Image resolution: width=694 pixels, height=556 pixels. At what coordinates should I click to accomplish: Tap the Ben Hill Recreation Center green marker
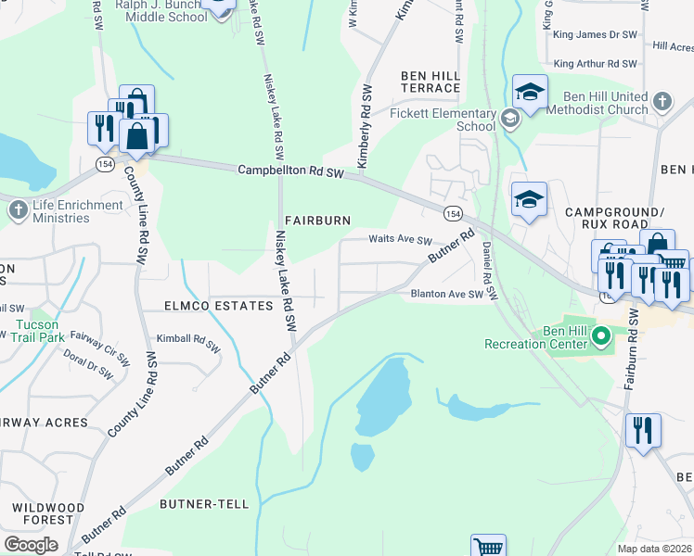[x=600, y=335]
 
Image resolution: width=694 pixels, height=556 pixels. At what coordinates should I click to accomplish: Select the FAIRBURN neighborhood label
[x=317, y=221]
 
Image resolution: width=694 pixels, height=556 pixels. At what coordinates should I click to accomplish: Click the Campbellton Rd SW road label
[x=290, y=171]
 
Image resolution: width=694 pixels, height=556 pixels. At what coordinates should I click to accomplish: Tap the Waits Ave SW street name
[x=401, y=239]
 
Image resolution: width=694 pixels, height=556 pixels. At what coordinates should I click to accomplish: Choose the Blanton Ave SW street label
[x=448, y=295]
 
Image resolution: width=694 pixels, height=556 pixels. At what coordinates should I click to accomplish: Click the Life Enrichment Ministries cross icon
[x=18, y=210]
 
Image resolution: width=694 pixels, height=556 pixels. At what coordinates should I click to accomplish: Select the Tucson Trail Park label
[x=37, y=331]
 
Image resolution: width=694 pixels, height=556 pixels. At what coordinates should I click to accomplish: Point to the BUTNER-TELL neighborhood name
[x=204, y=504]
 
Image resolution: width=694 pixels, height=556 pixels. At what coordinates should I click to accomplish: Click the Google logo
[x=32, y=545]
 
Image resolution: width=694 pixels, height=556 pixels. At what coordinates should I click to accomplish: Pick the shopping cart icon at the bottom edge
[x=488, y=547]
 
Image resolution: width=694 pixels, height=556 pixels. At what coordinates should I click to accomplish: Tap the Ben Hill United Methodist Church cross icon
[x=662, y=101]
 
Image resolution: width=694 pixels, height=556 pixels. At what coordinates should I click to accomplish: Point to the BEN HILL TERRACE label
[x=430, y=82]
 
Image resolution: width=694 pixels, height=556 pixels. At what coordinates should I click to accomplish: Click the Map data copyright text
[x=655, y=549]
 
